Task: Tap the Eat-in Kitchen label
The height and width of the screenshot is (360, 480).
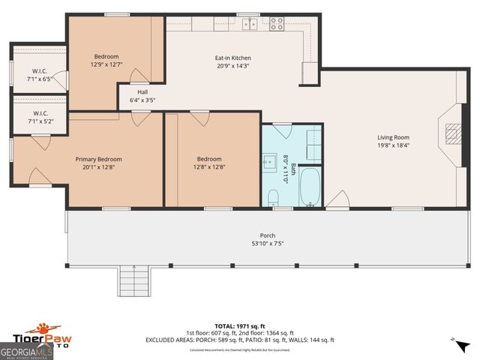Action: (x=233, y=58)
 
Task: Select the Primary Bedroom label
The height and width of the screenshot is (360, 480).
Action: (x=98, y=159)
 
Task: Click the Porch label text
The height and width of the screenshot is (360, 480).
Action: (x=267, y=235)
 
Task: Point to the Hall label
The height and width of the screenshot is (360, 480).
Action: (x=142, y=91)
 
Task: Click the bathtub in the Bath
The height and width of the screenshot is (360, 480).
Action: (x=310, y=187)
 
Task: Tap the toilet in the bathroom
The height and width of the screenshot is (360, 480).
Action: (x=274, y=197)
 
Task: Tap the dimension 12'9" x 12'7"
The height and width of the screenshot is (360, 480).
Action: (x=106, y=64)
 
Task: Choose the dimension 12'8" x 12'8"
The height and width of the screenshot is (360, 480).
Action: (x=209, y=167)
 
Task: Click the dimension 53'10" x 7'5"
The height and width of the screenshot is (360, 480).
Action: (x=267, y=243)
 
